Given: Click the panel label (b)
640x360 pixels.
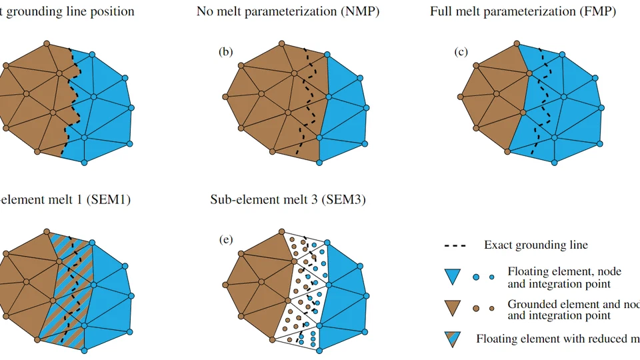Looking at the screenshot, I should [225, 52].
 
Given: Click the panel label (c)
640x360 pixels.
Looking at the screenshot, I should [461, 52].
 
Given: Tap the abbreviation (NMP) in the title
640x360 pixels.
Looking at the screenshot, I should [359, 11].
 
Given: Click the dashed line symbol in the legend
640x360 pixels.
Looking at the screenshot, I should [455, 245].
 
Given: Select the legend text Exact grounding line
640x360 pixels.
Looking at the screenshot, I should [536, 245].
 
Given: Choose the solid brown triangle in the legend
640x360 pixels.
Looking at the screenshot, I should [453, 307].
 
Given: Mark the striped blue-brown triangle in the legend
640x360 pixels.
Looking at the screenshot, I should [453, 339].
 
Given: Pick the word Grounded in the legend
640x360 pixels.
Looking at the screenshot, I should [531, 303].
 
